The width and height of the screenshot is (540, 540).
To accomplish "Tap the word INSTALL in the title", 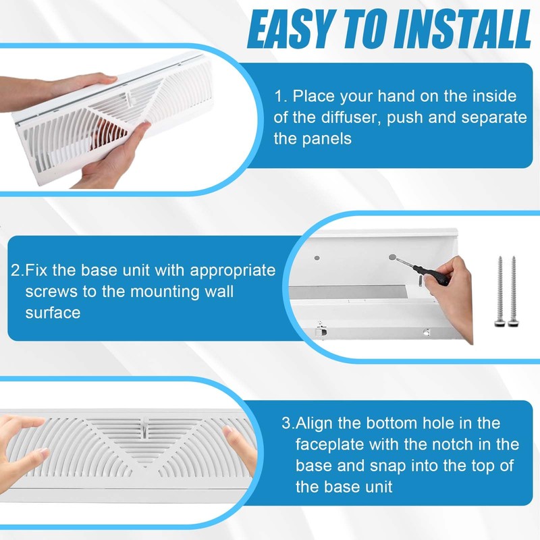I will [x=459, y=28].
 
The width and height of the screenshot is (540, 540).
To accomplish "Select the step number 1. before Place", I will [x=281, y=96].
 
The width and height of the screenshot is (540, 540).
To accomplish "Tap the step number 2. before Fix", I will [x=18, y=271].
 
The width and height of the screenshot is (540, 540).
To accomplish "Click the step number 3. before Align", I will [x=288, y=424].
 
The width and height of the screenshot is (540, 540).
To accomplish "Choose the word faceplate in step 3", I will [x=327, y=446].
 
